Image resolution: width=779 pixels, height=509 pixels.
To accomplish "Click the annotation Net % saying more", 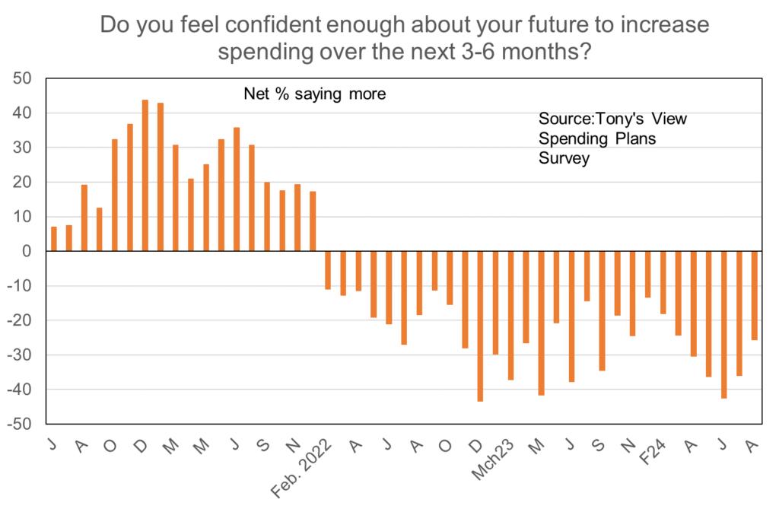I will tap(314, 94).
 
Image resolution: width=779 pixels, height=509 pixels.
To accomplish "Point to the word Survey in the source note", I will tap(564, 159).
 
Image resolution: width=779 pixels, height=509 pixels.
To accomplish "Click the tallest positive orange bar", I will tap(145, 176).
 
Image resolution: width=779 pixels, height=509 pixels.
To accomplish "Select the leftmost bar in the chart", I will tap(54, 239).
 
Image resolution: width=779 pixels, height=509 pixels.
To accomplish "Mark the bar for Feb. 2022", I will tap(328, 270).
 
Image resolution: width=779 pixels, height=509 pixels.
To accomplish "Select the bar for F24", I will tap(663, 282).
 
